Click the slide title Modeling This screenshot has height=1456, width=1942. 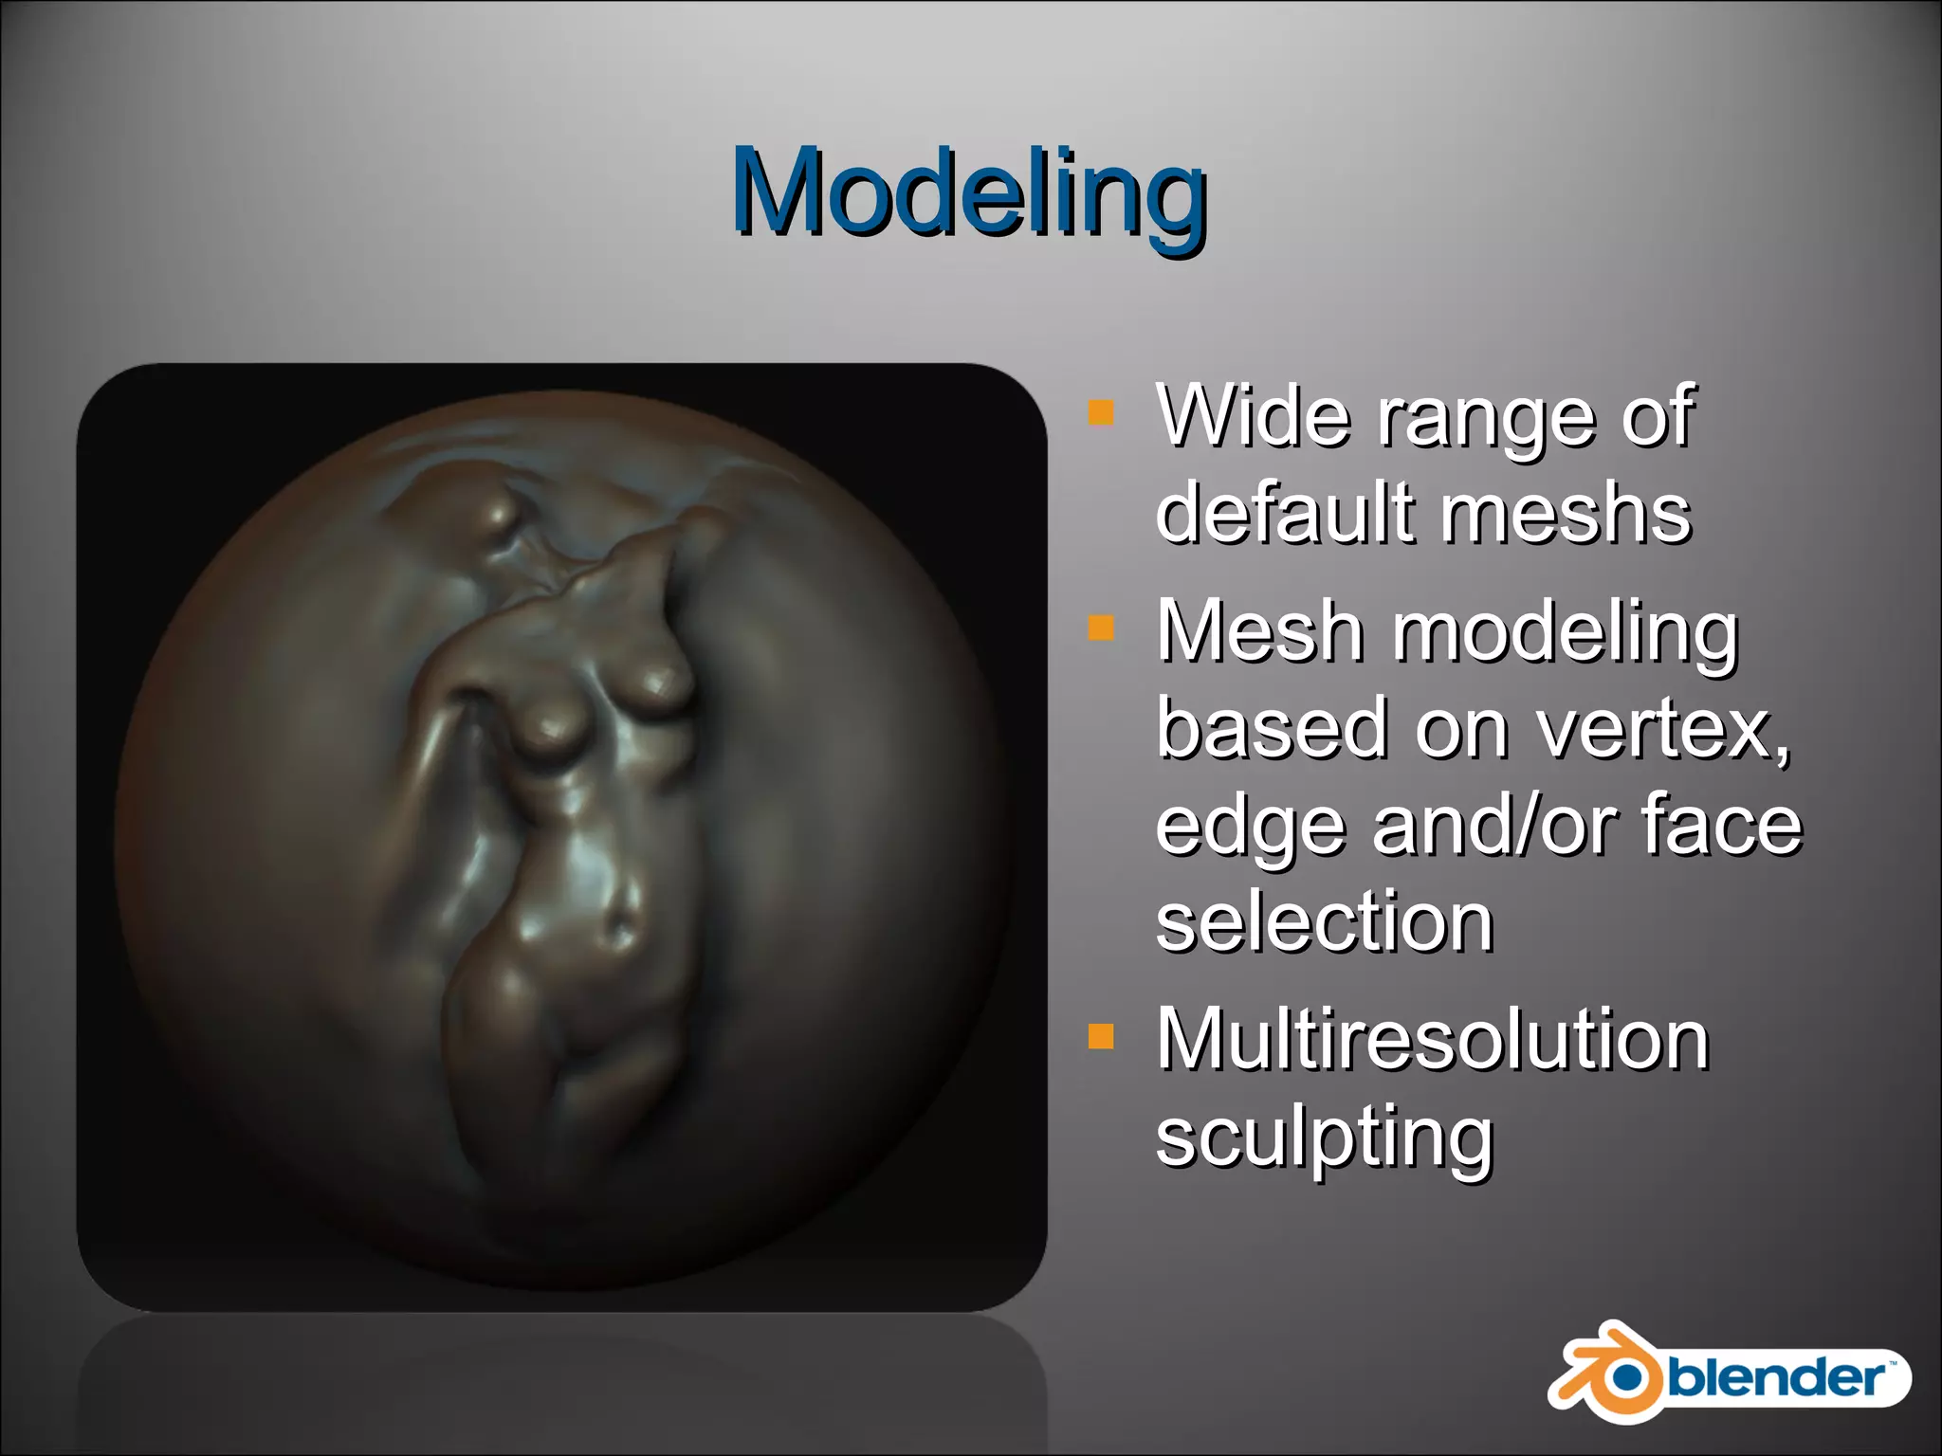point(969,194)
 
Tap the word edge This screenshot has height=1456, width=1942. point(1250,827)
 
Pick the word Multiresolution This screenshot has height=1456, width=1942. point(1432,1040)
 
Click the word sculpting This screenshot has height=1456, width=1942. point(1324,1137)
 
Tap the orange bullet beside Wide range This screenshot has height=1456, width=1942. point(1101,411)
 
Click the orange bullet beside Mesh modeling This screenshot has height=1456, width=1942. point(1101,628)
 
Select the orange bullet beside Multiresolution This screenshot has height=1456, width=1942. point(1101,1036)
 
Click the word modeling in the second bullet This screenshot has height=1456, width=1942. point(1565,632)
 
